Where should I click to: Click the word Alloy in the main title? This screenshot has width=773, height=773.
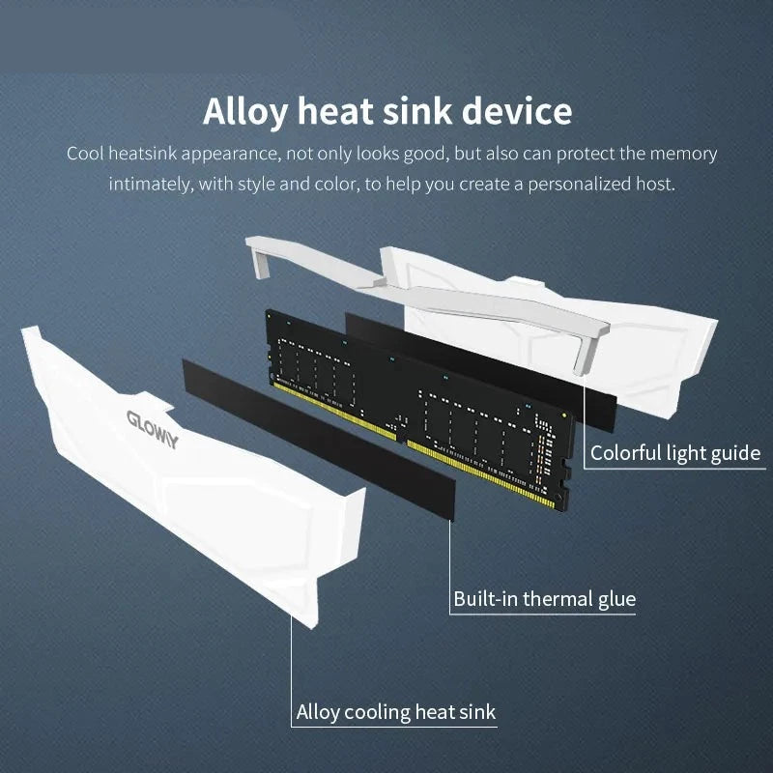click(x=244, y=112)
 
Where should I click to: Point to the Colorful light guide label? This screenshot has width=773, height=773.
click(x=675, y=452)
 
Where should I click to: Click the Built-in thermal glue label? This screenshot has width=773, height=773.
click(x=545, y=599)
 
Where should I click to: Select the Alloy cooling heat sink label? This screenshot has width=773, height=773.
click(x=395, y=713)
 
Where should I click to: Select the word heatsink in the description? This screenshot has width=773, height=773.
click(x=144, y=154)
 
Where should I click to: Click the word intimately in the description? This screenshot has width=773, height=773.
click(x=150, y=183)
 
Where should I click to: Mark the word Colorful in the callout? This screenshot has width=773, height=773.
click(x=624, y=452)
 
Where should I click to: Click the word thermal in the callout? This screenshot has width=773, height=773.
click(x=558, y=599)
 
